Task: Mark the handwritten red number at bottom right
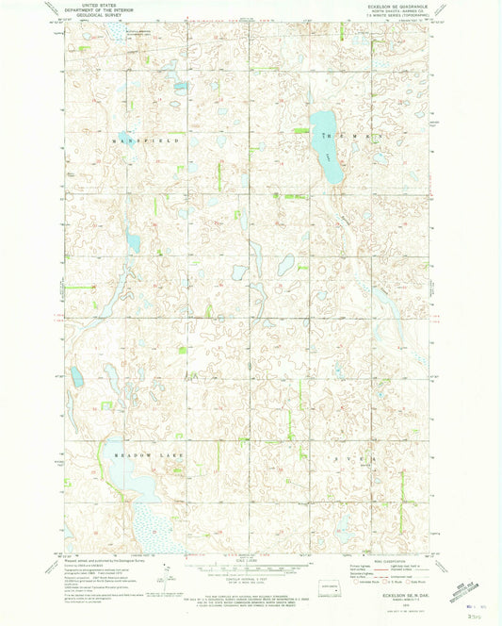coord(471,613)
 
